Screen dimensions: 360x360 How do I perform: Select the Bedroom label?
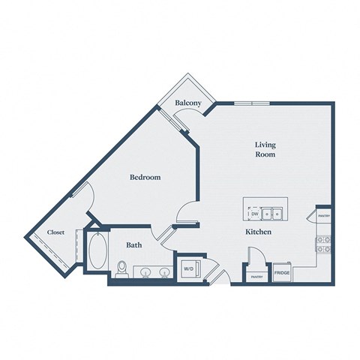[x=145, y=177]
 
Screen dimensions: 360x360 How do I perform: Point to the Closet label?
[x=55, y=232]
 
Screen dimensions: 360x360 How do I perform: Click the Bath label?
[x=134, y=244]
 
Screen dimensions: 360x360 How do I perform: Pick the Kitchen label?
[x=258, y=233]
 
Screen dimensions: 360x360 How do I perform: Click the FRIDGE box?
[x=282, y=274]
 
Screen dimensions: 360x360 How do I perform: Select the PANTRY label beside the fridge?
[x=255, y=277]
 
